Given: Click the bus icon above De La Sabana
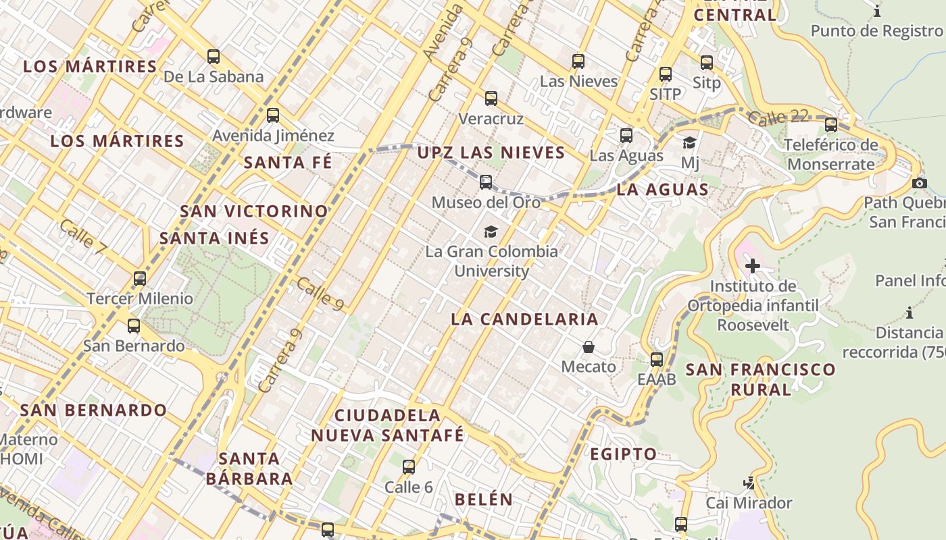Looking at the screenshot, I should click(x=214, y=57).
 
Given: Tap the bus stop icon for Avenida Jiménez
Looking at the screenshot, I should click(x=273, y=115).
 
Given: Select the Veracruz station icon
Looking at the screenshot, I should click(x=491, y=99).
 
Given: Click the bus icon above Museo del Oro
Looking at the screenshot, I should click(x=486, y=182).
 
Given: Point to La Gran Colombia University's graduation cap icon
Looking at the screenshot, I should click(x=491, y=232).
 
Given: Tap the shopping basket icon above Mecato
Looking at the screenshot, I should click(x=589, y=347).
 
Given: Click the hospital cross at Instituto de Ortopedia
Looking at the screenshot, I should click(x=753, y=266).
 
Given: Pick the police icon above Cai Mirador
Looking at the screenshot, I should click(x=749, y=483).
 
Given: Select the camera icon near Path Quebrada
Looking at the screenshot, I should click(x=919, y=183).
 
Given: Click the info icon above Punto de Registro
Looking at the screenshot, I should click(x=877, y=11).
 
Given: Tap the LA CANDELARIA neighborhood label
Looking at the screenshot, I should click(x=524, y=319).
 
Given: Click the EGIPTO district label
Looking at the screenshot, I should click(x=623, y=454).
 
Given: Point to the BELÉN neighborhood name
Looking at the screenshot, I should click(x=484, y=500).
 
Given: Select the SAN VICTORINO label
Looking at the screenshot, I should click(x=253, y=211).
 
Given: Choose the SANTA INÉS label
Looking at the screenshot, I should click(x=214, y=238).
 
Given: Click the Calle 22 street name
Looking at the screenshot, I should click(x=778, y=117).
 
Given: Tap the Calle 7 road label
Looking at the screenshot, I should click(x=83, y=237).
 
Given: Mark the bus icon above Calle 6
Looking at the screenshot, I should click(x=409, y=467).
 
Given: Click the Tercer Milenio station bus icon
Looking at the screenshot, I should click(x=140, y=279).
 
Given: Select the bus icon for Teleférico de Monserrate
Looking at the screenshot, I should click(x=831, y=125).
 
